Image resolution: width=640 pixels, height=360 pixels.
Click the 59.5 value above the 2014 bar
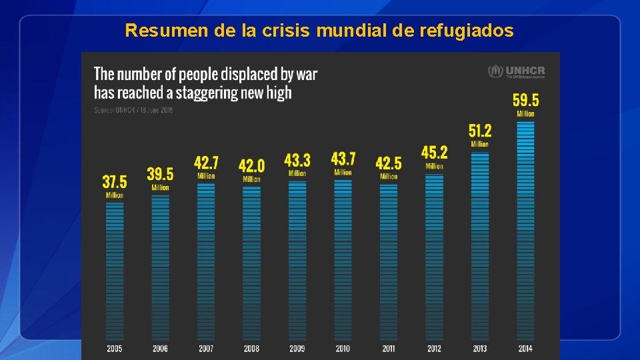(x=525, y=101)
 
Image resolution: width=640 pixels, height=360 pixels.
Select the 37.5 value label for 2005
(x=114, y=181)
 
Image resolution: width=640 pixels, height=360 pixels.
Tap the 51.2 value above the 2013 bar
(x=480, y=131)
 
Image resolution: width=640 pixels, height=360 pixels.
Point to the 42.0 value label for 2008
(x=251, y=165)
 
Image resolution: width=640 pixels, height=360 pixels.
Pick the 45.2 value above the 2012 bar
(x=434, y=153)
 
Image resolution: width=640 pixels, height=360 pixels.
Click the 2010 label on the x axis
(x=343, y=349)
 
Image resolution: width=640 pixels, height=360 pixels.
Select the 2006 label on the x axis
(x=160, y=349)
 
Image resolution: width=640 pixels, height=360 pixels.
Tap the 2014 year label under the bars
(x=525, y=349)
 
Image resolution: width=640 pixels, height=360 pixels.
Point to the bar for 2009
(x=297, y=260)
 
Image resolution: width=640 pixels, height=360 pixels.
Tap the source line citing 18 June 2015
(x=133, y=109)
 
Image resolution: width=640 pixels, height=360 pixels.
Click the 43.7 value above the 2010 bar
(x=343, y=159)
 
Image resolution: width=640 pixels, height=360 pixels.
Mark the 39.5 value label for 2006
(x=160, y=175)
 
